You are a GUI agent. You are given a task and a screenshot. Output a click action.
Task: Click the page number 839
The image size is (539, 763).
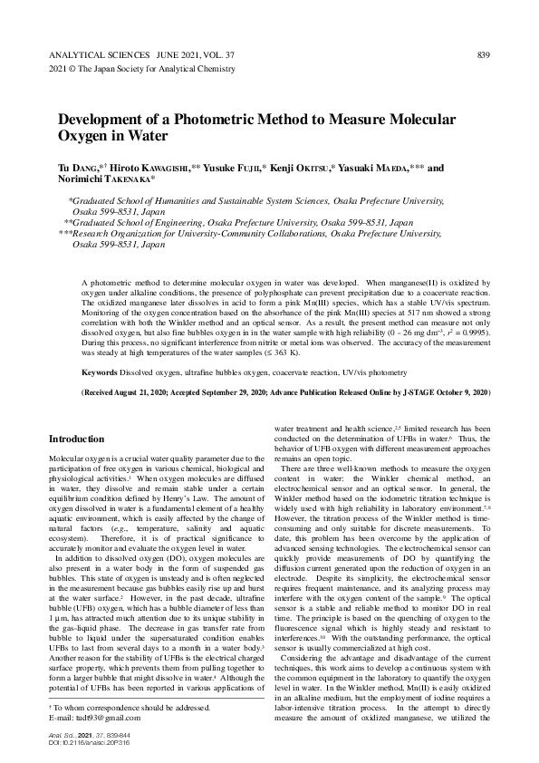tap(484, 55)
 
